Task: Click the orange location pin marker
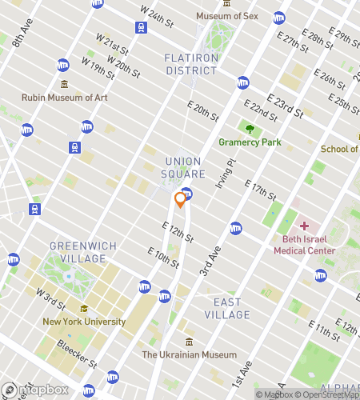tap(181, 200)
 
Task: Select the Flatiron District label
tap(190, 64)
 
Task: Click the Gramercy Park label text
tap(250, 142)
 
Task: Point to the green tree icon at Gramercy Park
tap(250, 128)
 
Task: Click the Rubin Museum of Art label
tap(64, 98)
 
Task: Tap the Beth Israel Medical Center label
tap(304, 244)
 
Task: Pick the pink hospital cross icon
tap(304, 226)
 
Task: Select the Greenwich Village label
tap(77, 252)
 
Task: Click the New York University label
tap(84, 322)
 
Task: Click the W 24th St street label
tap(156, 15)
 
